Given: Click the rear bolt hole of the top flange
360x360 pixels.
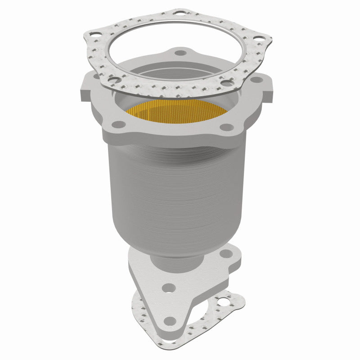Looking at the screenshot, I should (180, 53).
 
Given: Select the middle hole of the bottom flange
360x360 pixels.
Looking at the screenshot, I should (168, 287).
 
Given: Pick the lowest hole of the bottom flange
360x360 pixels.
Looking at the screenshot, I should (170, 321).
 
